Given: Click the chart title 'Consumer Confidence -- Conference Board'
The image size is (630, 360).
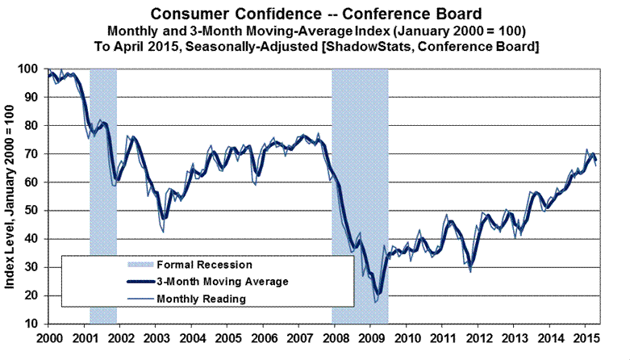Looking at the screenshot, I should point(315,14).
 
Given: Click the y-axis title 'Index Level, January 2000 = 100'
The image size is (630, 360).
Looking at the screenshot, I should point(13,198).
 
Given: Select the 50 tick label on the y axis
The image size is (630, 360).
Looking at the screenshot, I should point(34,211).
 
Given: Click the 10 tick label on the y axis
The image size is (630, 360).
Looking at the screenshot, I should point(34,324).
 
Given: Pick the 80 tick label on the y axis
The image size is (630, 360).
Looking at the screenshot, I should point(34,126).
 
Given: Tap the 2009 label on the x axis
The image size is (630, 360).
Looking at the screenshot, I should point(372,337).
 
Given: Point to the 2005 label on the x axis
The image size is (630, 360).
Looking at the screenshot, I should point(227,337).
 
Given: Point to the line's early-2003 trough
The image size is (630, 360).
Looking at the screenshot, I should point(164,232).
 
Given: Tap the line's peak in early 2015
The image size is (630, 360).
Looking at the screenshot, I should point(586,150).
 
